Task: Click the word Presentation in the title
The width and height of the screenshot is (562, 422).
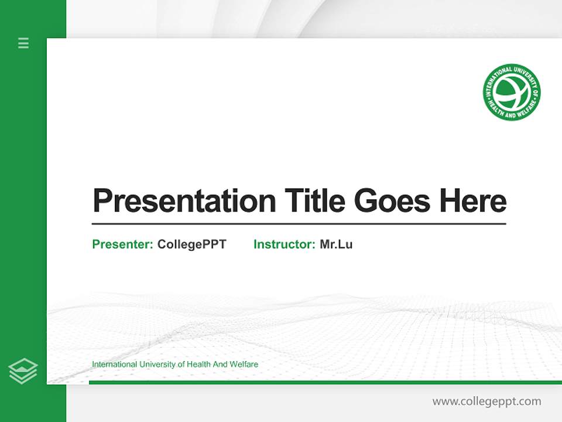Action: (x=184, y=201)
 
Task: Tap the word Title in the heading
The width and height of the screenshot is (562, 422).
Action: (x=314, y=201)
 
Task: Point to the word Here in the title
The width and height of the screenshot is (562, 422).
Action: (x=472, y=201)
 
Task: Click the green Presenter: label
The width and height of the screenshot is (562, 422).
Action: (x=122, y=244)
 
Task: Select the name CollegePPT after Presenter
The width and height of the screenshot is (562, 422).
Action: (x=191, y=244)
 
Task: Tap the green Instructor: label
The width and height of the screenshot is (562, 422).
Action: (x=284, y=244)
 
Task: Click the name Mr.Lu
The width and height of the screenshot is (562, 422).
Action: (x=336, y=244)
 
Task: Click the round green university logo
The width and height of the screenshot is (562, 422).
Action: (x=512, y=93)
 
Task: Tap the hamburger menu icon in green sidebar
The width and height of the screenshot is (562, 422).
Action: (x=23, y=43)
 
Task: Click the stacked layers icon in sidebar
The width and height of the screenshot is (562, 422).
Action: (x=23, y=371)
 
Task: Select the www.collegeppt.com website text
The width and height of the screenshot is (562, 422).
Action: (x=486, y=401)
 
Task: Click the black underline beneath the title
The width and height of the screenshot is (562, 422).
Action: (x=299, y=223)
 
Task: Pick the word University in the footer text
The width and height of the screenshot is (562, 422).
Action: (x=155, y=365)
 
